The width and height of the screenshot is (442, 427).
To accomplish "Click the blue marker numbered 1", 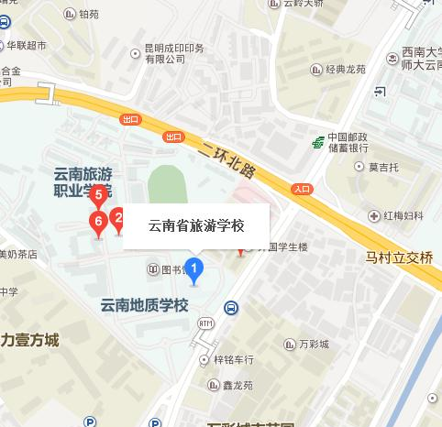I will (x=193, y=268).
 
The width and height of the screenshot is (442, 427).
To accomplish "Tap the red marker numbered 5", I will (x=98, y=194).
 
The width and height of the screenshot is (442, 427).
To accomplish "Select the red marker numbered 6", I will (x=95, y=221).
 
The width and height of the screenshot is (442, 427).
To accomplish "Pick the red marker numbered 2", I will (x=116, y=218).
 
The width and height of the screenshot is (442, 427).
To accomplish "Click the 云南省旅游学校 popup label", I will (x=196, y=225).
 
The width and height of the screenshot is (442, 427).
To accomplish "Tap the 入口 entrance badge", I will (x=302, y=189).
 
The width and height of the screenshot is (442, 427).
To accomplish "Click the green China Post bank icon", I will (x=317, y=142).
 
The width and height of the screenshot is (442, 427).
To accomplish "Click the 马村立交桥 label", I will (x=398, y=257).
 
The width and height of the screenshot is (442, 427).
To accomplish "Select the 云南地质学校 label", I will (x=144, y=304).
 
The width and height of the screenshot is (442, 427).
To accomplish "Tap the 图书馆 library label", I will (x=169, y=269).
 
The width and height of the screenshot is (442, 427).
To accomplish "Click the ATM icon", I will (x=204, y=324).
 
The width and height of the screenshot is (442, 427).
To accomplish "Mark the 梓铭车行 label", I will (x=234, y=360).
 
